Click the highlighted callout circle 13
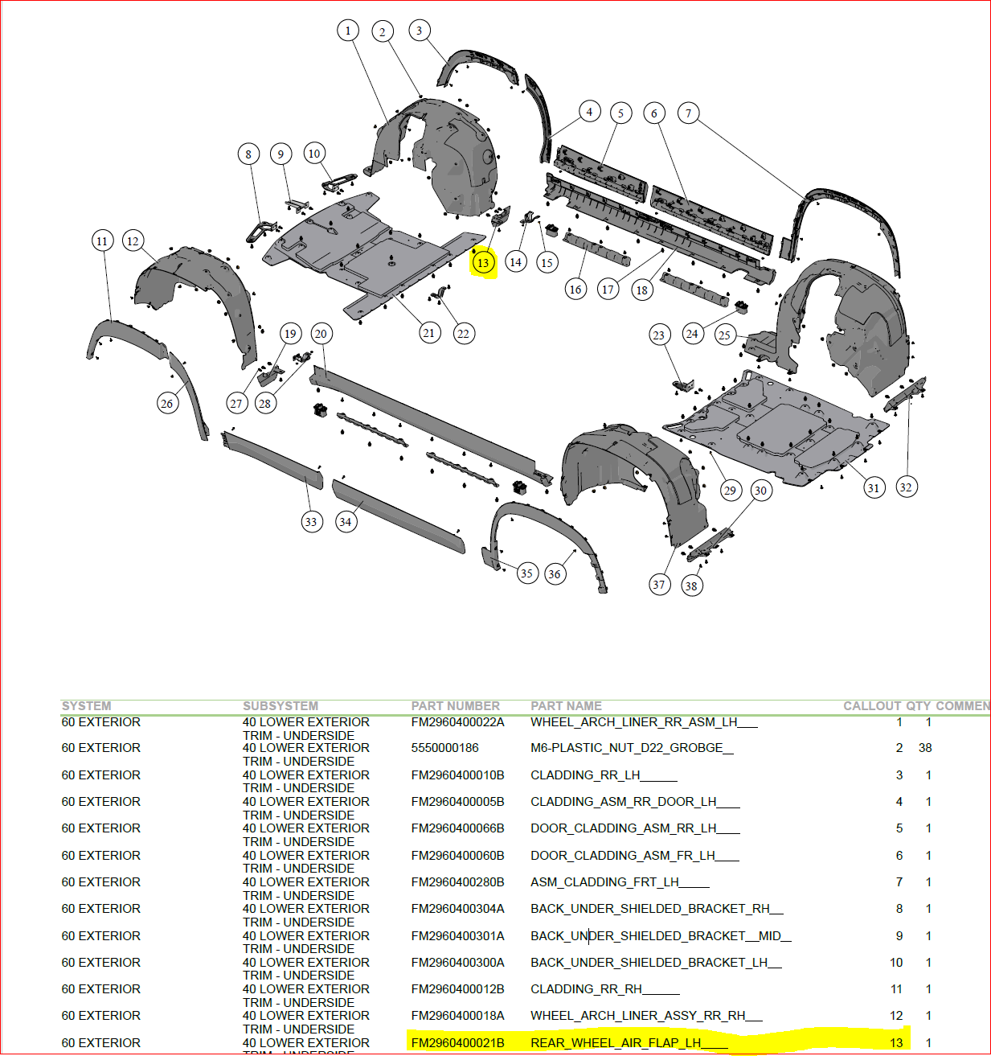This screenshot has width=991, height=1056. tap(482, 262)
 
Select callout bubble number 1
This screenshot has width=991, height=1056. tap(347, 31)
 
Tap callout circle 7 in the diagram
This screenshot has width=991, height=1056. tap(688, 113)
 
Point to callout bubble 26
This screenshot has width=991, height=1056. tap(166, 403)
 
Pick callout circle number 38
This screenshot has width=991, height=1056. tap(691, 586)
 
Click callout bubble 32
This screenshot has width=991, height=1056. tap(906, 487)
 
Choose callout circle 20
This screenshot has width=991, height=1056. tap(321, 334)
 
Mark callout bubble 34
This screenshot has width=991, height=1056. tap(345, 521)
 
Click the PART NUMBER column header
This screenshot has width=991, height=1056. tap(455, 706)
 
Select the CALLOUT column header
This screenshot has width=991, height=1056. tap(871, 706)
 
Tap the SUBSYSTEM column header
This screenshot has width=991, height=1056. tap(281, 706)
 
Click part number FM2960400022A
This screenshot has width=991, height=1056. tap(457, 722)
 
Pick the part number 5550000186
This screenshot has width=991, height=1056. tap(444, 748)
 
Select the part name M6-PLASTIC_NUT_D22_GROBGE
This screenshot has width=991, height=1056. tap(631, 748)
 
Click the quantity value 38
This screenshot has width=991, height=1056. tap(925, 748)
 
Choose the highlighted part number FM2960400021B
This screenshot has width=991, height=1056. tap(457, 1043)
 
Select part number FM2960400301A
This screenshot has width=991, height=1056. tap(457, 936)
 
